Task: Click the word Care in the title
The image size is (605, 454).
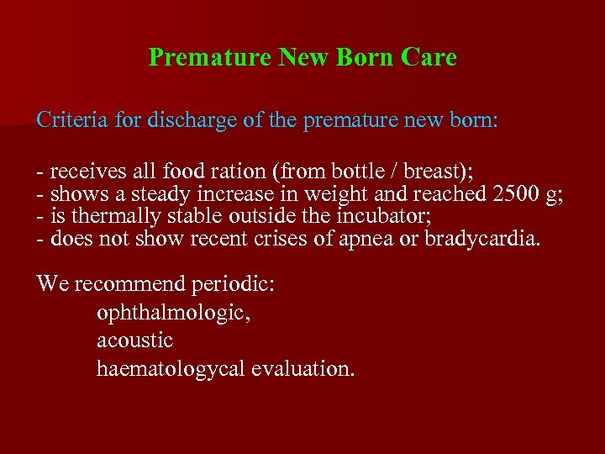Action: [429, 57]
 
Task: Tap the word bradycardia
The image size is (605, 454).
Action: [483, 240]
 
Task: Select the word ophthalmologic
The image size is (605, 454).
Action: [174, 313]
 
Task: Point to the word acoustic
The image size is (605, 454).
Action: [134, 340]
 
